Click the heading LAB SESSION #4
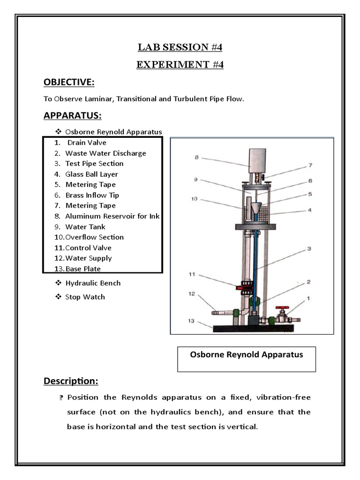(x=180, y=47)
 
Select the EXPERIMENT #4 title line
(x=180, y=64)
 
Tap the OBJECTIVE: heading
(x=69, y=82)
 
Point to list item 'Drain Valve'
(x=87, y=142)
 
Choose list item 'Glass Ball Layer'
(x=91, y=174)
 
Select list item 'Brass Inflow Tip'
(x=92, y=195)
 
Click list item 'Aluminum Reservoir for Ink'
(x=112, y=216)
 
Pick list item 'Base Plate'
(x=83, y=269)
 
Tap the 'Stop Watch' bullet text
(x=85, y=297)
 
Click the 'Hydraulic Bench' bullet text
(x=93, y=283)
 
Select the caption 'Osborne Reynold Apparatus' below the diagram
(x=246, y=354)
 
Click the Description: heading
(x=71, y=382)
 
